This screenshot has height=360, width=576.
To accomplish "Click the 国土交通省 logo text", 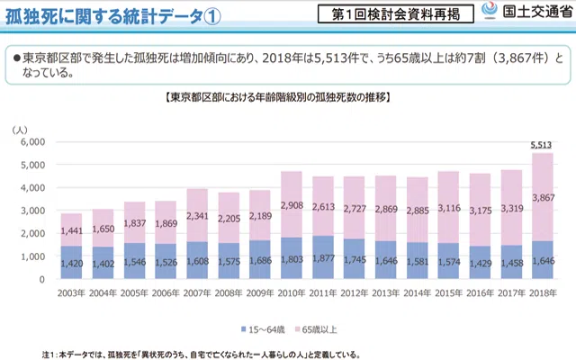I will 537,13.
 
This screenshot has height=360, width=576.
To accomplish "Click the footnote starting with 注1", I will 180,353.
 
